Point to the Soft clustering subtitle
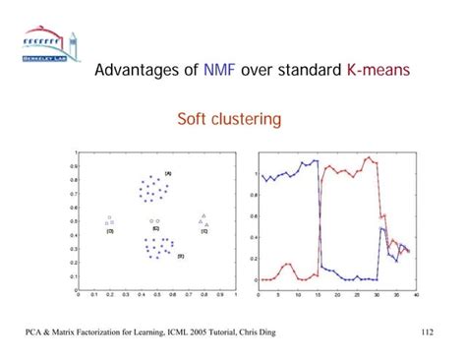(229, 120)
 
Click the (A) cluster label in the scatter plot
(168, 173)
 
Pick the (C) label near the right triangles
(204, 232)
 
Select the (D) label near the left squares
(110, 232)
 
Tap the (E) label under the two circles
(156, 228)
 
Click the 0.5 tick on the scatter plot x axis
(155, 294)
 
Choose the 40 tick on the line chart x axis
(417, 294)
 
